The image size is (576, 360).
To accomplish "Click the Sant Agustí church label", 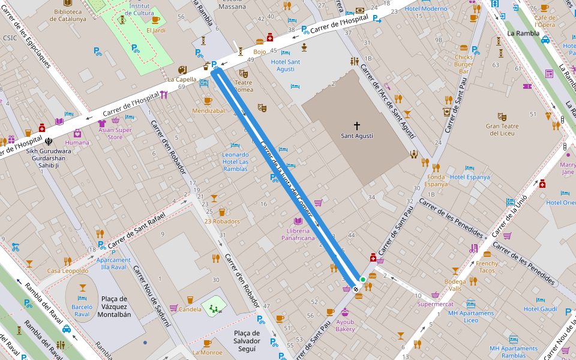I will pos(356,136).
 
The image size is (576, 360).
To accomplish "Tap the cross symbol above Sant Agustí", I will pos(356,126).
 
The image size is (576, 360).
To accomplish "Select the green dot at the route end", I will pos(362,280).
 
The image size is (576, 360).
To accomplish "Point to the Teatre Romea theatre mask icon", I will pos(244,73).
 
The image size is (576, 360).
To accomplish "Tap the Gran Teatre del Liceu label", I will pos(502,130).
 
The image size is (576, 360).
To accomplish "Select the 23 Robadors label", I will pos(221,221).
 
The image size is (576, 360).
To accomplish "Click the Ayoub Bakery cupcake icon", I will pos(345,312).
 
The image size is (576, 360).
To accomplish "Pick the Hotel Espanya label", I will pos(470,177).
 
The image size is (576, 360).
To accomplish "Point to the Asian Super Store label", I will pos(115,133).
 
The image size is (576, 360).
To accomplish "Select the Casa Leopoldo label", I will pos(68,271).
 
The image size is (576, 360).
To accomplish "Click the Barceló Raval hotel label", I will pos(82,310).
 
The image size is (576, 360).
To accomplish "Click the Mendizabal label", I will pos(208,110).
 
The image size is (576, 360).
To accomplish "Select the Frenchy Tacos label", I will pos(487,266).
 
